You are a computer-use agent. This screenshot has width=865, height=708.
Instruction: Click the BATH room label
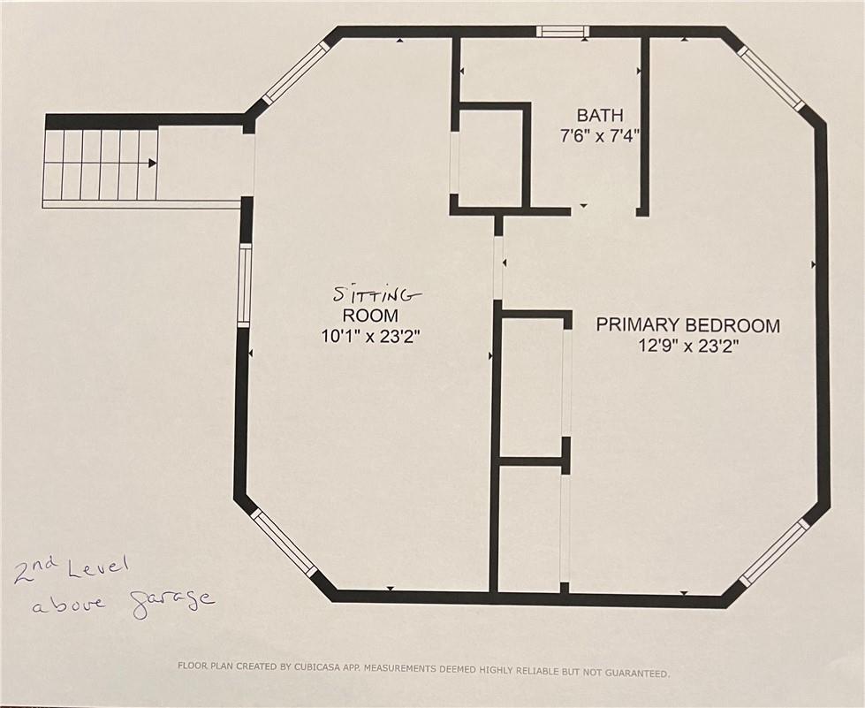pos(600,115)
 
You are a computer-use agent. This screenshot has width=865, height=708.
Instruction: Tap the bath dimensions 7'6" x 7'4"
pos(600,136)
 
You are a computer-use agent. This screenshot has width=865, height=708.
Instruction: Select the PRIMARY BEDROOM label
pos(688,325)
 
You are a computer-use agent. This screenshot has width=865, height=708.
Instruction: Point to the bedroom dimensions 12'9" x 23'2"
pos(688,346)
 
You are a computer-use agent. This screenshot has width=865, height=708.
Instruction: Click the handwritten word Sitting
pos(376,294)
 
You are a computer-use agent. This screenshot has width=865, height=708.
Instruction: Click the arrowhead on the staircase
pos(153,164)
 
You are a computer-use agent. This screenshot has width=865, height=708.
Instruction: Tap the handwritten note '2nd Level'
pos(72,572)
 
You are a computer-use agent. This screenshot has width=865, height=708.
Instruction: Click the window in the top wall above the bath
pos(563,32)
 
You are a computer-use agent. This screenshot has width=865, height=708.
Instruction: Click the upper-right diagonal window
pos(770,77)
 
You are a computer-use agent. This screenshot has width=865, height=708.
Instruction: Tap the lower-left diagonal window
pos(285,543)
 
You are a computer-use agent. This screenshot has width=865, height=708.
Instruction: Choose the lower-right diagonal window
pos(773,552)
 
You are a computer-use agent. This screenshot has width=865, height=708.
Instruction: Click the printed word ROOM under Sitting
pos(370,316)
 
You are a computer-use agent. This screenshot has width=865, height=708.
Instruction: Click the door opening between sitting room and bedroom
pos(498,268)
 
